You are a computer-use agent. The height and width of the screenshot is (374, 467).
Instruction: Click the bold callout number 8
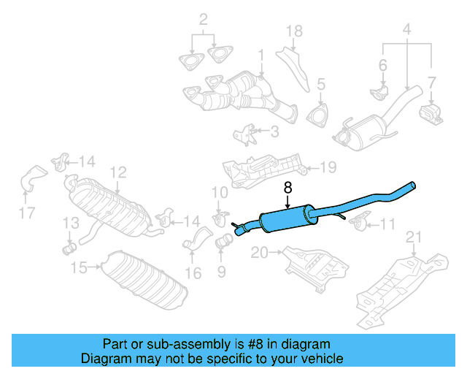[x=287, y=188]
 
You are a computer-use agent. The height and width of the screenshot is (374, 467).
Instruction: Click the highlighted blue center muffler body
[x=287, y=218]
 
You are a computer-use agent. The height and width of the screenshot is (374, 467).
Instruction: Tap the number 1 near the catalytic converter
[x=260, y=55]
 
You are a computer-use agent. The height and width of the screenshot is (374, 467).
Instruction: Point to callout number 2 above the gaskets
[x=204, y=18]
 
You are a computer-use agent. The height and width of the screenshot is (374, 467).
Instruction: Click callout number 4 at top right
[x=406, y=30]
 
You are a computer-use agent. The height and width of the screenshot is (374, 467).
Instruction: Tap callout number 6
[x=382, y=66]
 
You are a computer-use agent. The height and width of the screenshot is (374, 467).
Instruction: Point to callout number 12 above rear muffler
[x=118, y=172]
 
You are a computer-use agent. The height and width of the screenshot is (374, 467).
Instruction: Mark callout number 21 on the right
[x=414, y=236]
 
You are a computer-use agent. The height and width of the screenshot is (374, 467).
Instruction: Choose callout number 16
[x=193, y=274]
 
